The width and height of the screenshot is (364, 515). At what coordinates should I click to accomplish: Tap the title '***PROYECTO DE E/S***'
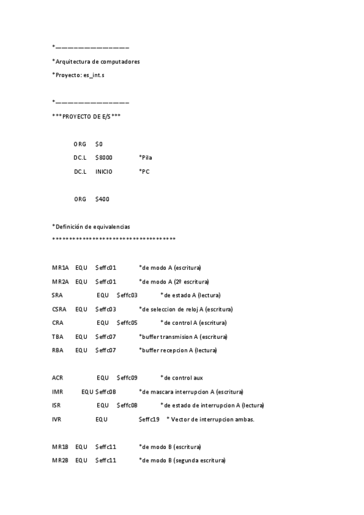pos(86,115)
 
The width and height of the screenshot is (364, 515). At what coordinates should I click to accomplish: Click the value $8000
pos(103,157)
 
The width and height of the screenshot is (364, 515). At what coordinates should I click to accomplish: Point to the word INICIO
pos(104,171)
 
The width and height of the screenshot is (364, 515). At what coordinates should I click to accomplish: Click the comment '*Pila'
pos(145,157)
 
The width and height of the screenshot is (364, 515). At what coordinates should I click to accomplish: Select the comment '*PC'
pos(143,171)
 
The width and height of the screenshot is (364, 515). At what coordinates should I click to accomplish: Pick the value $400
pos(102,199)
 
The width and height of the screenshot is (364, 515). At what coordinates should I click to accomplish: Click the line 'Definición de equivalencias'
pos(91,227)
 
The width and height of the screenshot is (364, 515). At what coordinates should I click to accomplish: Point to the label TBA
pos(58,336)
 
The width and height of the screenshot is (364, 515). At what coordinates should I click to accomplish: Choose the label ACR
pos(58,378)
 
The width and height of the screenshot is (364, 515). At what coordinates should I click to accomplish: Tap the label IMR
pos(58,392)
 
